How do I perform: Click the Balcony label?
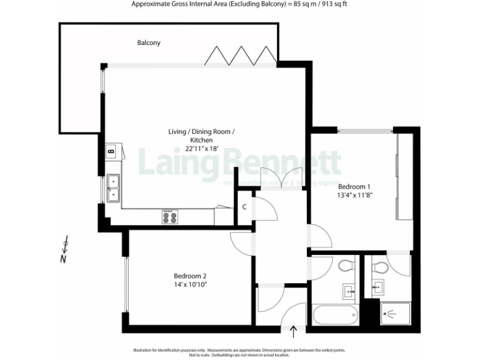pos(149,42)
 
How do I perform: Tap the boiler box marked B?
pos(111,151)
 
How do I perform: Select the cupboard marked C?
pos(244,207)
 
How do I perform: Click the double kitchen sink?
pos(114,187)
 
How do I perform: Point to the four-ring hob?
pos(170,217)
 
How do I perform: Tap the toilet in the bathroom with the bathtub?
pos(345,267)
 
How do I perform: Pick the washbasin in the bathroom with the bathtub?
pos(347,290)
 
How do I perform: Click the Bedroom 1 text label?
pos(354,186)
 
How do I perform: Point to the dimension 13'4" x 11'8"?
pos(354,195)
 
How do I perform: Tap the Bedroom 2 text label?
pos(190,276)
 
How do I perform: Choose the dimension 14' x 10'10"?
pos(190,284)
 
